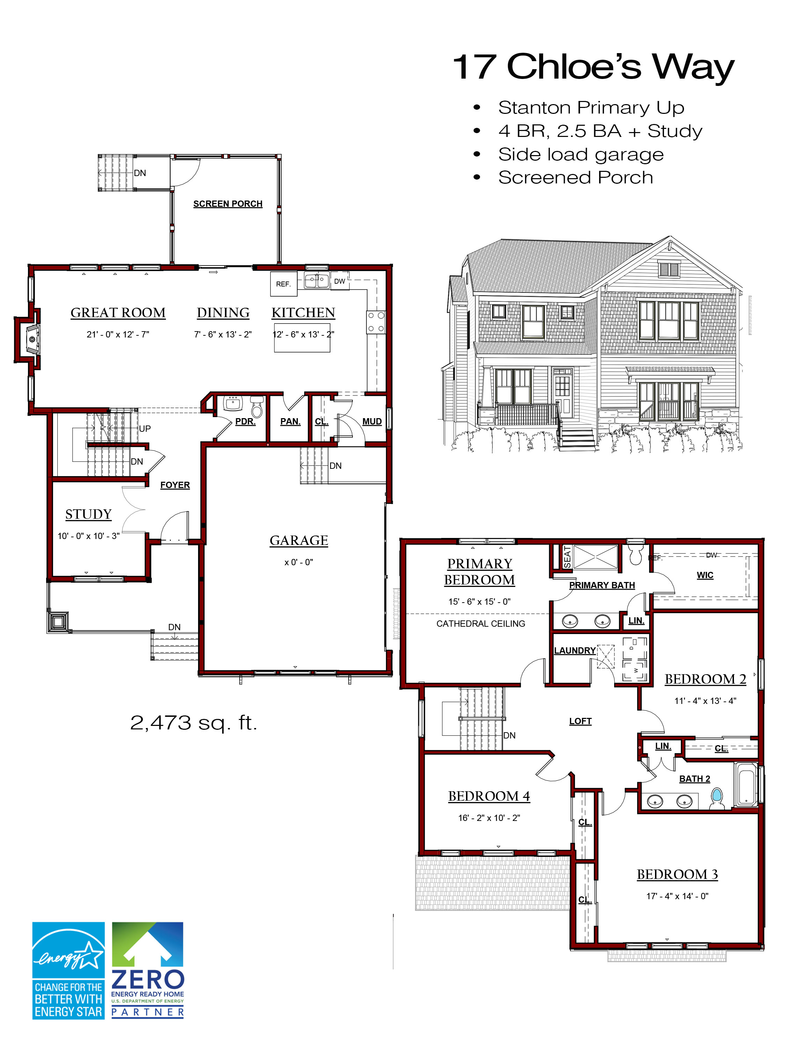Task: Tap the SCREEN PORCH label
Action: pos(227,204)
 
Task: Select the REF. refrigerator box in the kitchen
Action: pos(283,284)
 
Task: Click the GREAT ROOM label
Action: pos(118,313)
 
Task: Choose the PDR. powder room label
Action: pos(245,421)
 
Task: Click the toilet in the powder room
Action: pos(256,407)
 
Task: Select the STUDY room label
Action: pos(89,514)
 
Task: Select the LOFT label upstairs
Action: pos(580,721)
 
